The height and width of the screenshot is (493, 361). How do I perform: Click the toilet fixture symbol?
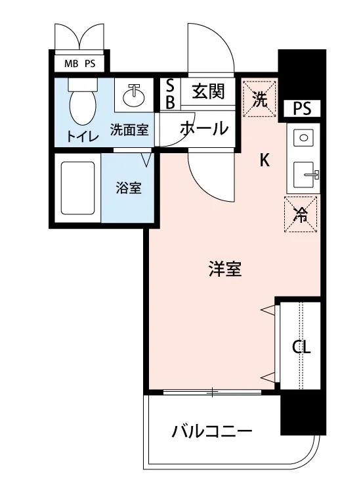[83, 102]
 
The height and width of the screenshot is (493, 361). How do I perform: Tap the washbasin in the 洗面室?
[134, 95]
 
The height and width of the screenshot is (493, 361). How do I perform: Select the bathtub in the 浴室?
[77, 189]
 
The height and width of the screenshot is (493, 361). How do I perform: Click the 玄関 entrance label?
[209, 91]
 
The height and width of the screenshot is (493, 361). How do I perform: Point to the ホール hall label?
[204, 128]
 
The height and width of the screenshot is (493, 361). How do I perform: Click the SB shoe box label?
[170, 93]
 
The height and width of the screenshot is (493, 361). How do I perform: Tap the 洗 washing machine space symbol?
[260, 99]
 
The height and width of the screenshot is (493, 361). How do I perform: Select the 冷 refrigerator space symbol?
[301, 214]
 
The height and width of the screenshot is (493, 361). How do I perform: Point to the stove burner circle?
[303, 138]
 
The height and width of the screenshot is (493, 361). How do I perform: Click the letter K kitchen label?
[265, 160]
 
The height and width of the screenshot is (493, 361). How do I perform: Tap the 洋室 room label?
[225, 269]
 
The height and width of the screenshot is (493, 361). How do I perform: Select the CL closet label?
[301, 347]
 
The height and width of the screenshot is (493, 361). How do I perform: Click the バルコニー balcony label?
[212, 431]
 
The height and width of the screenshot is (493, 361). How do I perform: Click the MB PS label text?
[79, 64]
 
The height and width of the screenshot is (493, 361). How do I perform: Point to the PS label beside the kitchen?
[302, 108]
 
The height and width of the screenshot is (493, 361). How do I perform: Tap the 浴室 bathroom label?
[129, 188]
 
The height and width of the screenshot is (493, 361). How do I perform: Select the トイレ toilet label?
[83, 137]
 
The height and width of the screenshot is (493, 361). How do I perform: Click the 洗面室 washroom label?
[129, 129]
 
